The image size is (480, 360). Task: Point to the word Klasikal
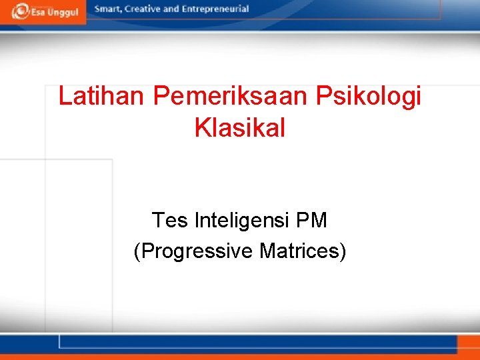point(240,127)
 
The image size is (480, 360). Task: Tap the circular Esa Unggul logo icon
point(19,11)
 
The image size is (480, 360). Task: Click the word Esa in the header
point(38,12)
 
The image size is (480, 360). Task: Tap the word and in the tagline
point(171,9)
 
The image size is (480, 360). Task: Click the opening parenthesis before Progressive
point(137,251)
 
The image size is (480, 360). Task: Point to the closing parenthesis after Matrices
point(343,251)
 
